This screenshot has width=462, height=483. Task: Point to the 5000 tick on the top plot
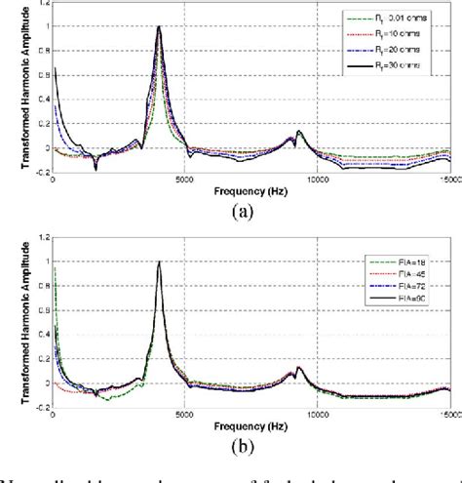185,178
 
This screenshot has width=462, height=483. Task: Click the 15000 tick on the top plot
447,178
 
